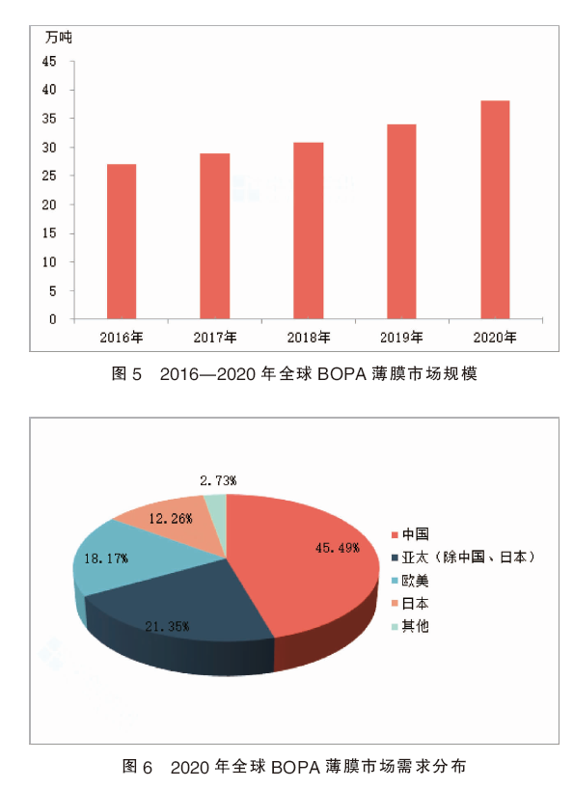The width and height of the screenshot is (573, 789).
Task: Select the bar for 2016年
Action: coord(122,241)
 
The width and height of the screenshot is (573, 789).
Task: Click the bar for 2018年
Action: coord(309,231)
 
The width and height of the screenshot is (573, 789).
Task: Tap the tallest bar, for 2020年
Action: coord(495,210)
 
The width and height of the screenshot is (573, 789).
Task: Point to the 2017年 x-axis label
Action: coord(215,338)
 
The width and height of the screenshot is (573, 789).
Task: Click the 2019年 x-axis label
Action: coord(401,338)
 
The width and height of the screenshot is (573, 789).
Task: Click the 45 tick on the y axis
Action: coord(49,62)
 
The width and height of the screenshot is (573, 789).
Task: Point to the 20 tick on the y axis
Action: coord(49,204)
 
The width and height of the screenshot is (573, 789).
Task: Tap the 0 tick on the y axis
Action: coord(53,319)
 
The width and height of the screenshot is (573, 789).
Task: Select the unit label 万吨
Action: coord(59,38)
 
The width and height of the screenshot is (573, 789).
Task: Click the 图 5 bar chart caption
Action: coord(294,374)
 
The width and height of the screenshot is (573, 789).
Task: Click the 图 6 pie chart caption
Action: coord(294,767)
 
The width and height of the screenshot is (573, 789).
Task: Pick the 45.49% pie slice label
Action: coord(337,548)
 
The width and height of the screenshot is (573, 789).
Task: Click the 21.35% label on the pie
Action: coord(167,626)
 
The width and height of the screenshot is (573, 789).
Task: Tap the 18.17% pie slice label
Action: coord(106,558)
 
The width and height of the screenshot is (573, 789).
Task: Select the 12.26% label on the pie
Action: coord(171,518)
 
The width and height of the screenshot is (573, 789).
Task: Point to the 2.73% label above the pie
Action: coord(218,480)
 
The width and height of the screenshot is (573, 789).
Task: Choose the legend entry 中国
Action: coord(410,534)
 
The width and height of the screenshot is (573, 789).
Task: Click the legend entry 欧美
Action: coord(410,581)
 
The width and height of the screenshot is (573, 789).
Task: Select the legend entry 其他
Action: coord(410,626)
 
